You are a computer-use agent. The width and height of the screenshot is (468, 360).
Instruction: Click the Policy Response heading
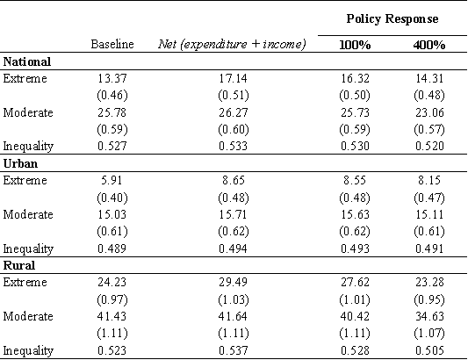click(x=392, y=19)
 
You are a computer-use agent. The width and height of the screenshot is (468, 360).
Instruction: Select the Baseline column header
click(x=112, y=44)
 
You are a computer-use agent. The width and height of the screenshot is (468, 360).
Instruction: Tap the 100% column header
click(x=355, y=45)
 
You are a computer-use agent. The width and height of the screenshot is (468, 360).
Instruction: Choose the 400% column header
click(x=429, y=45)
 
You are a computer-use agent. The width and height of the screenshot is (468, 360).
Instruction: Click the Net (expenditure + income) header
click(x=232, y=45)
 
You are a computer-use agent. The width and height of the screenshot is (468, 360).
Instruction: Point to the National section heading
click(x=27, y=61)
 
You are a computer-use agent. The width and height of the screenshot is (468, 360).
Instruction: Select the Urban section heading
click(x=20, y=163)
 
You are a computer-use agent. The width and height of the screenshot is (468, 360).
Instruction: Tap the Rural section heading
click(x=19, y=265)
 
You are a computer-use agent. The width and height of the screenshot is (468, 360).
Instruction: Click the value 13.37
click(x=112, y=78)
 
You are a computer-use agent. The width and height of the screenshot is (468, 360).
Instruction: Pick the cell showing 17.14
click(x=233, y=78)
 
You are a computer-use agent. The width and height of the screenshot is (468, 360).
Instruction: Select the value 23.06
click(x=429, y=113)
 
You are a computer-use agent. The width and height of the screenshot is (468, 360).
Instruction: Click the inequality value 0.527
click(x=112, y=146)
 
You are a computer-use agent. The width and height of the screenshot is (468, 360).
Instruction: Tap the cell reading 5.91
click(x=112, y=180)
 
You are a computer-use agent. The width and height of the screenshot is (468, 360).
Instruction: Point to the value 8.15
click(x=429, y=180)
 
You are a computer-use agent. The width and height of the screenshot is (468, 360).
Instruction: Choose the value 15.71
click(x=233, y=214)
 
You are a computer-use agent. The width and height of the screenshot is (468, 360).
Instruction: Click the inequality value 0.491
click(x=429, y=248)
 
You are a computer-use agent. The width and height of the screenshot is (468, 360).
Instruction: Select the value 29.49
click(x=233, y=282)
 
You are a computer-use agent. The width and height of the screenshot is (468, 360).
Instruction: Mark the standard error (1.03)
click(x=233, y=299)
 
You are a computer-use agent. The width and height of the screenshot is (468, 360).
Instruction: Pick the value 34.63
click(x=429, y=316)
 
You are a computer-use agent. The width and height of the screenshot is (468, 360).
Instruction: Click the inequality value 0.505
click(x=429, y=350)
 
